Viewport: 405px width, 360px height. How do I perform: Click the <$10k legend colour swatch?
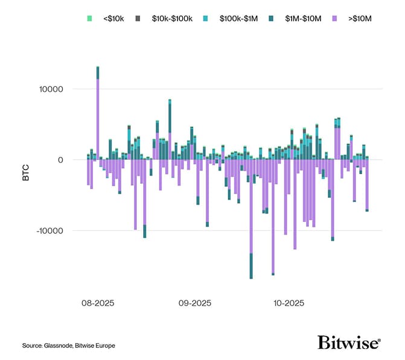(x=89, y=19)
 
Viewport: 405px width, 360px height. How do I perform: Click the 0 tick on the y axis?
(x=60, y=160)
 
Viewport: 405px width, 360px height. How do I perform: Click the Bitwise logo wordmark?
(x=349, y=342)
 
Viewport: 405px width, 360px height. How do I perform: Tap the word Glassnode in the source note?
(x=59, y=346)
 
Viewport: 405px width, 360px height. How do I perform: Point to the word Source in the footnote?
(x=31, y=346)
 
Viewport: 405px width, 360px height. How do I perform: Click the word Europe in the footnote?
(x=104, y=346)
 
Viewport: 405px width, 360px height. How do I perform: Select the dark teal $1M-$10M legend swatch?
(x=278, y=19)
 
